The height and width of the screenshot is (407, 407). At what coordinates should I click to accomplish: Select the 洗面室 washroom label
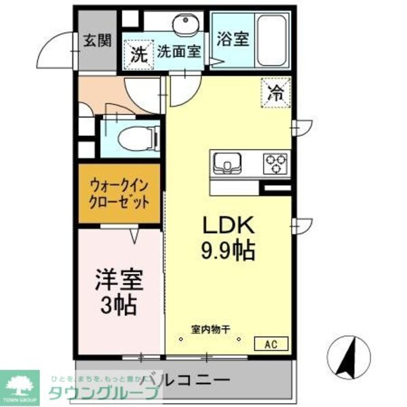tap(180, 52)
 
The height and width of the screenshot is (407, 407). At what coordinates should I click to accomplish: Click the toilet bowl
tap(138, 138)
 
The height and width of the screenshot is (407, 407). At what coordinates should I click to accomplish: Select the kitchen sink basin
tap(227, 163)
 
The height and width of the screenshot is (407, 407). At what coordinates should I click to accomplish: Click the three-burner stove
tap(275, 162)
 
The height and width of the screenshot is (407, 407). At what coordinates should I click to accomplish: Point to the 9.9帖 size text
tap(227, 252)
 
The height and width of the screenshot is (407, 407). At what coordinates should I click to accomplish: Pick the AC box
tap(271, 343)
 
